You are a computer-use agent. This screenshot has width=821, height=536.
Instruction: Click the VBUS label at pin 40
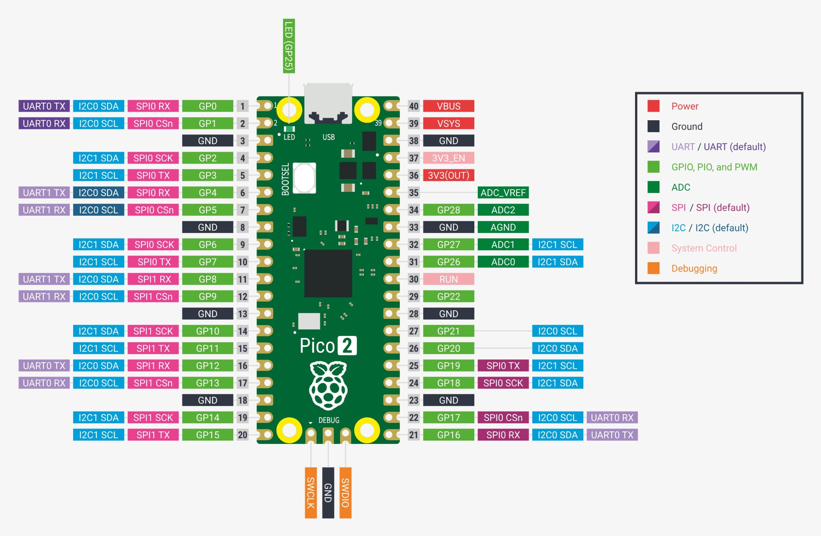tap(448, 106)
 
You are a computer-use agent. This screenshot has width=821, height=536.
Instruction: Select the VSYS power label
tap(448, 123)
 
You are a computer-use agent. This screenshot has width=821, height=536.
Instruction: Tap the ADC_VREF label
tap(503, 192)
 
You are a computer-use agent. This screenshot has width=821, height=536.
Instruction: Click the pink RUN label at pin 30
tap(448, 279)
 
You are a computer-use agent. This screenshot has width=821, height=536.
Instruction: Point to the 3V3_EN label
tap(448, 158)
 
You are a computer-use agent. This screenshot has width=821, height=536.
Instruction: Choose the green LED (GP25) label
tap(289, 46)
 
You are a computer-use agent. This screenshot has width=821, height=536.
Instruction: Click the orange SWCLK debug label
tap(310, 492)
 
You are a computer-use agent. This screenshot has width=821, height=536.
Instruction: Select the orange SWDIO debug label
tap(345, 492)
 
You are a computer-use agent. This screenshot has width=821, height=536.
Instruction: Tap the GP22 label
tap(448, 296)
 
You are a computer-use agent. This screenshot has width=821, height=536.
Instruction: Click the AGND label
tap(503, 227)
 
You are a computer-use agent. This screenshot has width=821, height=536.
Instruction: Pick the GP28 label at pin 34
tap(448, 210)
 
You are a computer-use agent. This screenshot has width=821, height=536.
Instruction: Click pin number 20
tap(242, 435)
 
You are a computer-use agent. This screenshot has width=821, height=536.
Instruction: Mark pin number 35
tap(414, 192)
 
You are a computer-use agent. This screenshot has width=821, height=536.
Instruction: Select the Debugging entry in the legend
tap(694, 268)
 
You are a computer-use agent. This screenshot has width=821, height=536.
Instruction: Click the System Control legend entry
tap(704, 248)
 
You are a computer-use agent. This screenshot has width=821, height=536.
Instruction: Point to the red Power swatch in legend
tap(653, 106)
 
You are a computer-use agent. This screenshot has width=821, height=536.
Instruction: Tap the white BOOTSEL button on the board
tap(304, 178)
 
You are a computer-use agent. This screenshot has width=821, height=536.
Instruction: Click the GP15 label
tap(208, 435)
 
